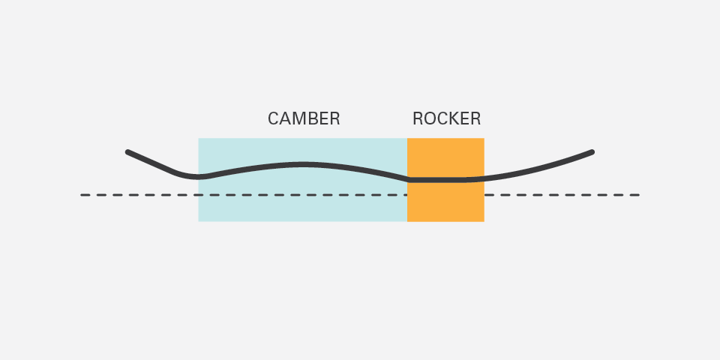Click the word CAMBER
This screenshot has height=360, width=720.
point(304,118)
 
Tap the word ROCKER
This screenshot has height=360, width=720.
point(446,118)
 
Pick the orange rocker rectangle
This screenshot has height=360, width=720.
point(445,202)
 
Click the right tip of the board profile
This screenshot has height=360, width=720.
point(591,152)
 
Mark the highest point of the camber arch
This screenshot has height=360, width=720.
point(303,163)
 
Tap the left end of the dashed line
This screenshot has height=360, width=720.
point(82,195)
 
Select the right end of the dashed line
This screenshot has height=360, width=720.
point(637,195)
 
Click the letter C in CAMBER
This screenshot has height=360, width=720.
point(274,118)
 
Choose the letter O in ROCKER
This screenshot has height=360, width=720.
point(429,118)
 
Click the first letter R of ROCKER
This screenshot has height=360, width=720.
point(418,118)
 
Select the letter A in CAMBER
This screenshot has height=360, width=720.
point(286,118)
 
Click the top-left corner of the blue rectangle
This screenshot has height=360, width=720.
point(199,139)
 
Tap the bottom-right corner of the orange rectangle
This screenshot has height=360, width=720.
point(484,221)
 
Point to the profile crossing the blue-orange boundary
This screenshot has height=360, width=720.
point(407,179)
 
